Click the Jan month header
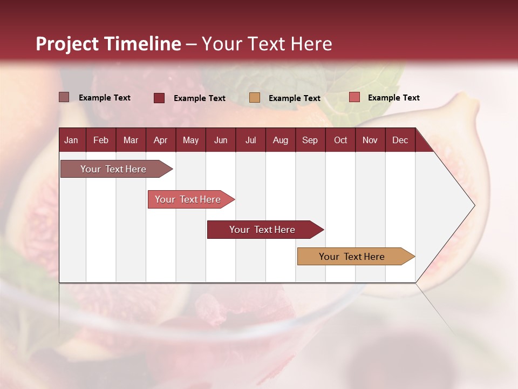(71, 140)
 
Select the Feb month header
(101, 140)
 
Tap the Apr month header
(160, 140)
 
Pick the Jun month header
(221, 140)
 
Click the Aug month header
(281, 140)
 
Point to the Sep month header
(310, 140)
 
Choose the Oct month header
(340, 140)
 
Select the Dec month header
(400, 140)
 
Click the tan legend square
(255, 98)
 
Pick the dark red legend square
(159, 98)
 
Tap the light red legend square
(354, 97)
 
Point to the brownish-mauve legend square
(64, 97)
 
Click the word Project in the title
(67, 44)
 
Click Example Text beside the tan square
(295, 98)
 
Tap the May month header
(190, 140)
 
